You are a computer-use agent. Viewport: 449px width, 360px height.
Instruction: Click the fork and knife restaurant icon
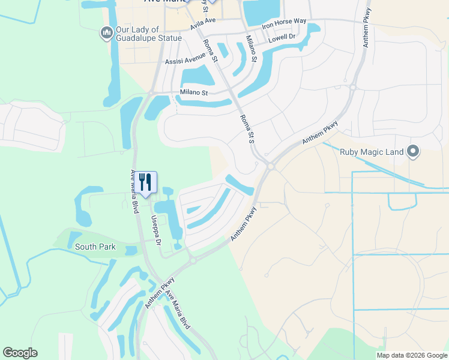click(x=145, y=182)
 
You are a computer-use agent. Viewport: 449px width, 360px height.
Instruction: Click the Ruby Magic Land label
click(x=372, y=152)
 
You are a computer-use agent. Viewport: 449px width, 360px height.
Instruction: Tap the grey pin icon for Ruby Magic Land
click(x=412, y=152)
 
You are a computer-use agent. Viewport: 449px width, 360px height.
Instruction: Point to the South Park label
click(x=94, y=246)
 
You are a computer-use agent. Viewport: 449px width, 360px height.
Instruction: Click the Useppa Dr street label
click(x=156, y=230)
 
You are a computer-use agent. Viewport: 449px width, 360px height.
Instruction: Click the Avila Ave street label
click(x=202, y=24)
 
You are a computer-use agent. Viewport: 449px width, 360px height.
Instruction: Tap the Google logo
click(x=20, y=353)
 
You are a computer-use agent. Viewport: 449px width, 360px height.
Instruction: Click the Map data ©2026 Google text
click(x=411, y=355)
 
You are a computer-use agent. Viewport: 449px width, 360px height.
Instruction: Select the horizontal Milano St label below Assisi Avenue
click(x=193, y=93)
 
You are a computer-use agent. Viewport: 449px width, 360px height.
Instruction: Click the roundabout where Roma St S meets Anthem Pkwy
click(x=270, y=166)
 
